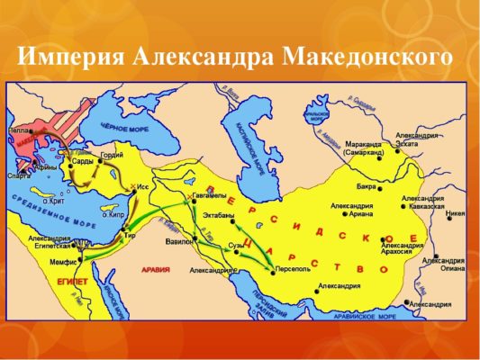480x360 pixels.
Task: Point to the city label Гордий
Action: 112,155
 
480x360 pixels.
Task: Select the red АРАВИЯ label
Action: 158,269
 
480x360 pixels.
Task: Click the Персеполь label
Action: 294,266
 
